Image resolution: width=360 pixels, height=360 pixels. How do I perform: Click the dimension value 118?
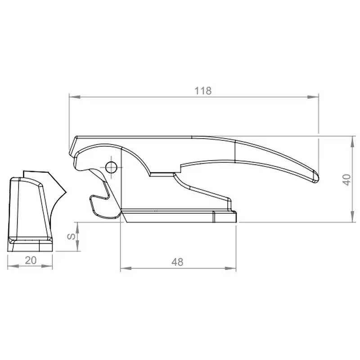pyautogui.click(x=203, y=90)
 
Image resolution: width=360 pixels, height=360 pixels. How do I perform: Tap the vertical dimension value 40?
pyautogui.click(x=346, y=180)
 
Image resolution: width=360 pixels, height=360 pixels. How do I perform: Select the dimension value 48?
pyautogui.click(x=178, y=262)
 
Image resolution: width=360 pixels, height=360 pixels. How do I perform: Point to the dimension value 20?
pyautogui.click(x=30, y=260)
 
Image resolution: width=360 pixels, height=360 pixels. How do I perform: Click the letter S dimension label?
pyautogui.click(x=71, y=237)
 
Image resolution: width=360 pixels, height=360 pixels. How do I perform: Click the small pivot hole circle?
pyautogui.click(x=111, y=167)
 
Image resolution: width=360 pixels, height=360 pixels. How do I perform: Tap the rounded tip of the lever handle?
pyautogui.click(x=315, y=176)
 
